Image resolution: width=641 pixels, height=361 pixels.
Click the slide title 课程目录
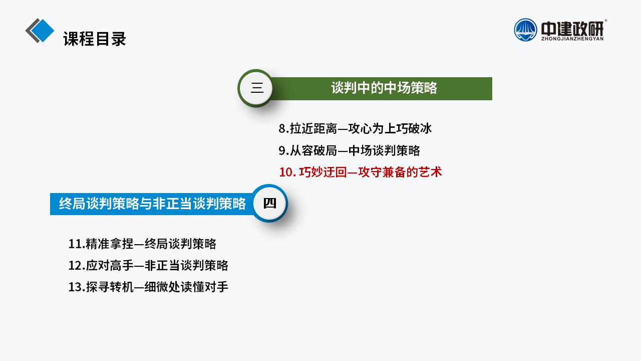point(95,39)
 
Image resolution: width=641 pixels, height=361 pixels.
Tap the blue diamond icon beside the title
point(42,31)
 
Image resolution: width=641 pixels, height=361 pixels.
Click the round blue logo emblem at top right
point(525,30)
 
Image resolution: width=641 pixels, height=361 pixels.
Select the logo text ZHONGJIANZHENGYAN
point(572,39)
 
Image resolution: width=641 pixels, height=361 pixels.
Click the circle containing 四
point(269,203)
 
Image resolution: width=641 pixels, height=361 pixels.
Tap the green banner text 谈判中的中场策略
point(384,88)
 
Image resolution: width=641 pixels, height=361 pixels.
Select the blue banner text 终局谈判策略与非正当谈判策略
point(152,204)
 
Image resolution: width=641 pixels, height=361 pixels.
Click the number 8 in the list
point(282,129)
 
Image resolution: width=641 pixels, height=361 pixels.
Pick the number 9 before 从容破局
point(282,151)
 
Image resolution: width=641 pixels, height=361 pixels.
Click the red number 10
point(286,172)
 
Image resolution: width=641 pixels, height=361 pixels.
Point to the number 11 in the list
point(75,244)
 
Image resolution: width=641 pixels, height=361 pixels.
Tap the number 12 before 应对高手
point(75,266)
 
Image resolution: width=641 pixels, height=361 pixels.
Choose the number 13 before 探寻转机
point(75,287)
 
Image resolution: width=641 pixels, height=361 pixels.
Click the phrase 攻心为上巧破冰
point(390,129)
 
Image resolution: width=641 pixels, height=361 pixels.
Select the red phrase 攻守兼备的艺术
point(400,172)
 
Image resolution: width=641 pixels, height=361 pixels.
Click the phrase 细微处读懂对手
point(186,287)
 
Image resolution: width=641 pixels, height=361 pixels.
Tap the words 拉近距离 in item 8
point(313,129)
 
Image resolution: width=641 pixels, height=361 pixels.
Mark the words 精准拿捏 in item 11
point(110,244)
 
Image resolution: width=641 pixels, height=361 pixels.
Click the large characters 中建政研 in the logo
point(572,29)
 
